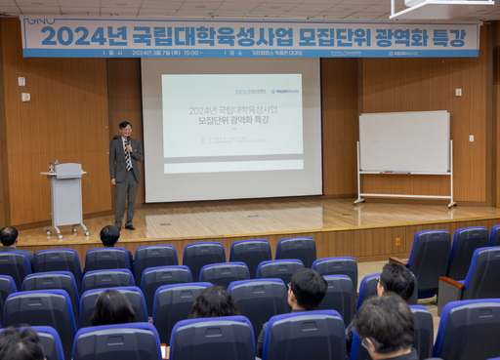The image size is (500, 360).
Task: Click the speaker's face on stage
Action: click(124, 129)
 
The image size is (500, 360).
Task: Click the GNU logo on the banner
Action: click(39, 20)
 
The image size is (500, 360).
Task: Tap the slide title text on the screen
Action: click(232, 115)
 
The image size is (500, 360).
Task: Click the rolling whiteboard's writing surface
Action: click(404, 141)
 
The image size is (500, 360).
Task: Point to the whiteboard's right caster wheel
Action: click(452, 204)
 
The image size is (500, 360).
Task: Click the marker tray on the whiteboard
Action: click(395, 173)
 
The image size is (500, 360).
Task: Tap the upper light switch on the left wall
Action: click(21, 81)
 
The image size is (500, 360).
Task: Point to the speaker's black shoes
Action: click(124, 226)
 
